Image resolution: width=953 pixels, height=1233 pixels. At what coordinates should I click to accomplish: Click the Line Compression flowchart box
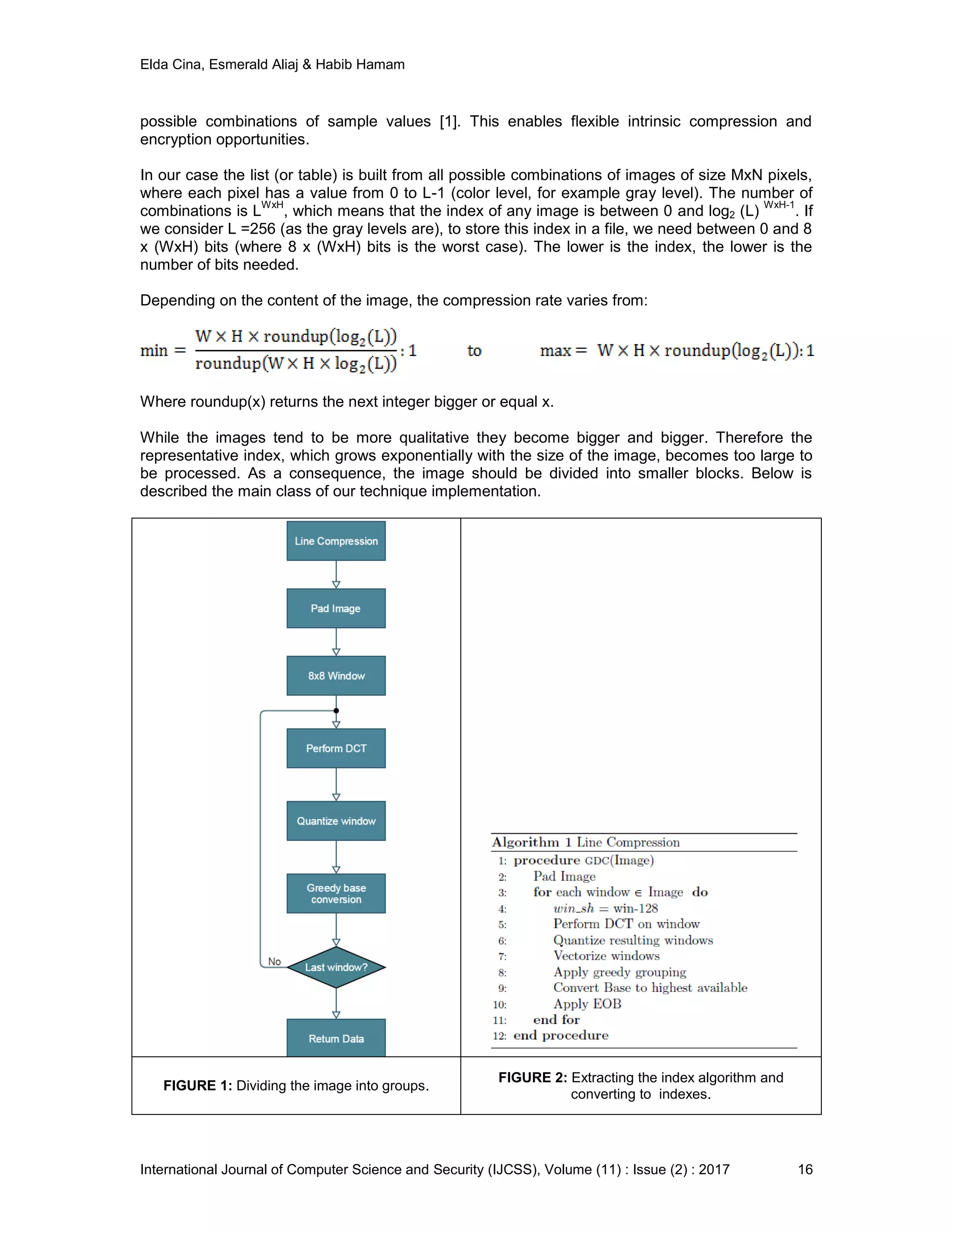coord(336,541)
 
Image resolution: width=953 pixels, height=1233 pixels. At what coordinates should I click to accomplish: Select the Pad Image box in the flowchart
coord(336,608)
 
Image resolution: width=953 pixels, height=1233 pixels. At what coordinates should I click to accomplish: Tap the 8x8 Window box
coord(336,675)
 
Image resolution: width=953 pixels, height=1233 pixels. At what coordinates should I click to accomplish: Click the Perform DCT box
coord(336,748)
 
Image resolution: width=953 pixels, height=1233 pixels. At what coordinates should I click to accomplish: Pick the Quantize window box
coord(336,821)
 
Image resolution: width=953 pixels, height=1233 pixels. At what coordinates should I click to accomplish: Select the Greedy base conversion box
coord(336,893)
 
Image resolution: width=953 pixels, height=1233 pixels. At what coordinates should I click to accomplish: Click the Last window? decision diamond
coord(336,967)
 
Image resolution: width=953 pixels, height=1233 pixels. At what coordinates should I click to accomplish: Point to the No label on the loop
coord(275,961)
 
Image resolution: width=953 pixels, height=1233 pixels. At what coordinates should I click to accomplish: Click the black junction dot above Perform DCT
coord(336,711)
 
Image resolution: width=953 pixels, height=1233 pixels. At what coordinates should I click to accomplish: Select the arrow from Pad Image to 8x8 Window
coord(336,642)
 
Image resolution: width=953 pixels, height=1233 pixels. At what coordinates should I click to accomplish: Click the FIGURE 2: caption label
coord(532,1077)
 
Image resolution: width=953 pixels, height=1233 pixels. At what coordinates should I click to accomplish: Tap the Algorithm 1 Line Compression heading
coord(585,842)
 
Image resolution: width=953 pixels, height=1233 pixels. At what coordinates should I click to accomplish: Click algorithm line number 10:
coord(500,1005)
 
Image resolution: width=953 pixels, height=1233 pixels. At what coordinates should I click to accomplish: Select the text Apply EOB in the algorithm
coord(587,1004)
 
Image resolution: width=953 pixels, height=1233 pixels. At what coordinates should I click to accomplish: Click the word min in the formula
coord(154,351)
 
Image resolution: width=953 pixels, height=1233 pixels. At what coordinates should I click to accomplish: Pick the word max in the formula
coord(555,351)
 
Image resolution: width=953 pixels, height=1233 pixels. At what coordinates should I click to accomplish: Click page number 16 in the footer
coord(805,1169)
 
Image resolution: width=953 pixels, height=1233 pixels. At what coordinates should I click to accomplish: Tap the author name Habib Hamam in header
coord(360,64)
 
